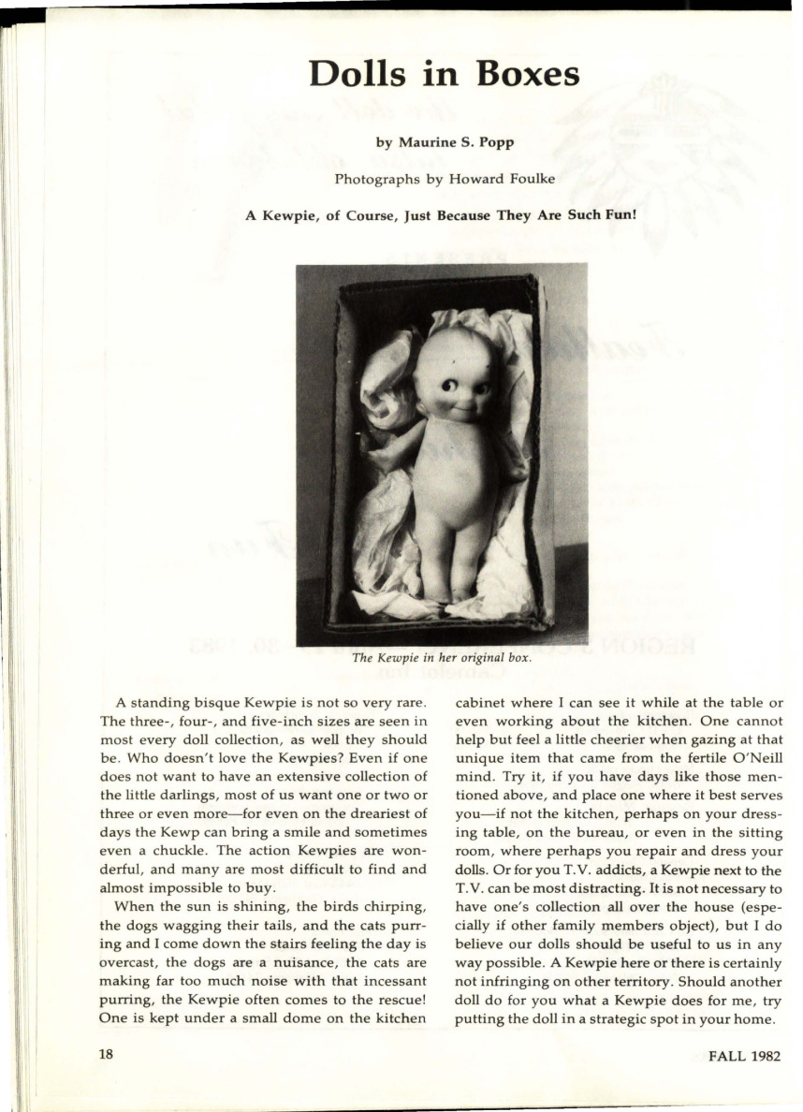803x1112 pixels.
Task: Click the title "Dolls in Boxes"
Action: (444, 74)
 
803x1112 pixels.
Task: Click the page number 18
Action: (106, 1054)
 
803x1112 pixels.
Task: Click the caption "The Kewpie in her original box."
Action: (442, 657)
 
